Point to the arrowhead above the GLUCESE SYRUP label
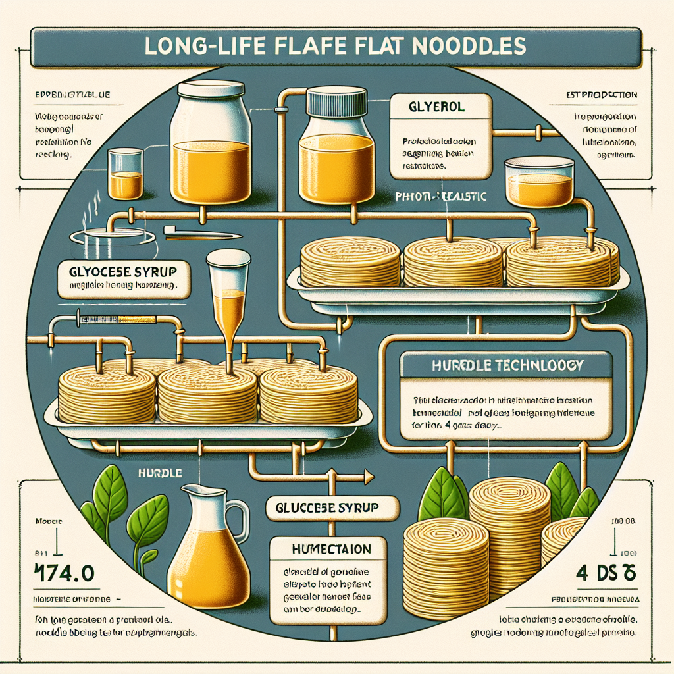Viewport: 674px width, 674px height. (367, 476)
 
